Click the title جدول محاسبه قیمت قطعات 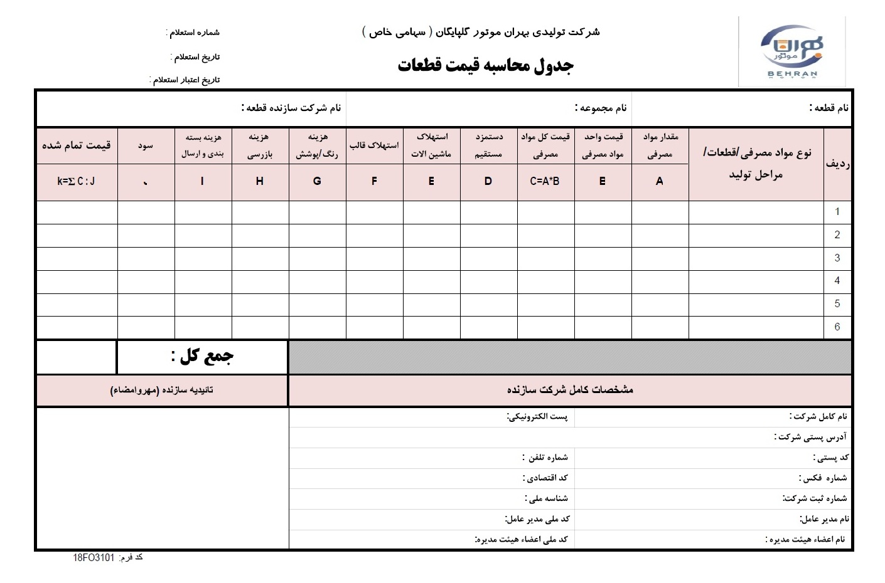[485, 66]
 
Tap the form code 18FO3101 [94, 557]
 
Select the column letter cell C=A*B [545, 181]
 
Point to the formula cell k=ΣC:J [77, 181]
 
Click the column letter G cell [317, 181]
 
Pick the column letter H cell [260, 181]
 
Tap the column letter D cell [488, 181]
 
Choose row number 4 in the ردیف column [837, 281]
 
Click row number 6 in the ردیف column [837, 327]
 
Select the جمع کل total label [202, 357]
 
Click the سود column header [146, 145]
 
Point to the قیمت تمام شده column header [77, 145]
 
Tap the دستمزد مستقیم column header [488, 145]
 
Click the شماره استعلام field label [193, 33]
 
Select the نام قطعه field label [829, 108]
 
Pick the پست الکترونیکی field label [537, 417]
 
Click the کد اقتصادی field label [545, 478]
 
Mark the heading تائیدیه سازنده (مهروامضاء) [162, 390]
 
